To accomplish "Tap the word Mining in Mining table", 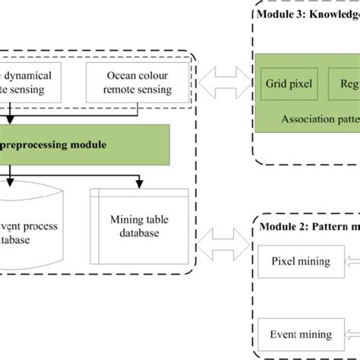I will [119, 219].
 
